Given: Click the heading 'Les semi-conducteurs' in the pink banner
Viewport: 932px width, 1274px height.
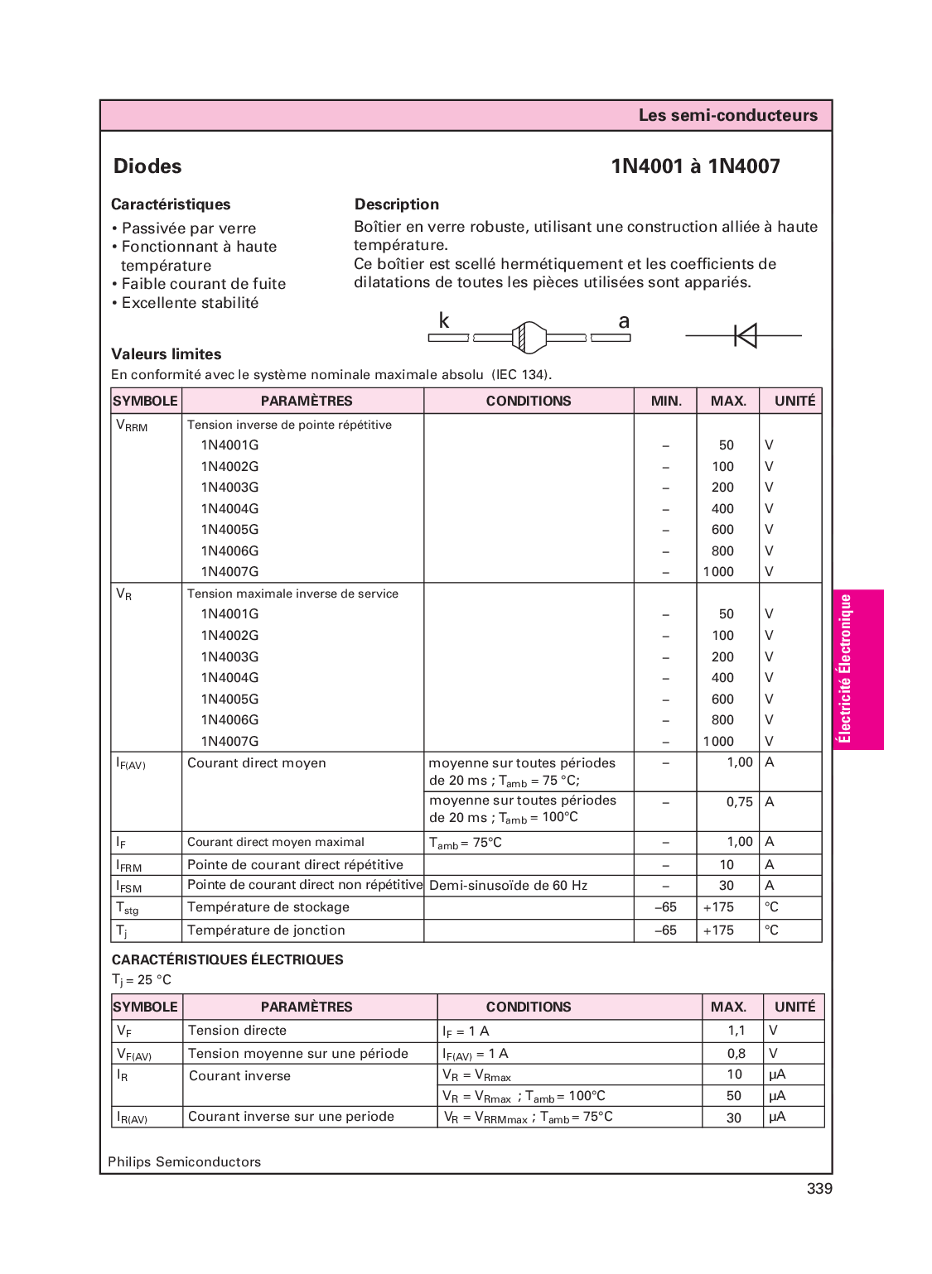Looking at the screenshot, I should (x=727, y=115).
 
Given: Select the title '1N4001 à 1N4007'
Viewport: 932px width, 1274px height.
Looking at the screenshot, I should (x=695, y=166).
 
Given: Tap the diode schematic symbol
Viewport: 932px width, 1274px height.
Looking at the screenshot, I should (x=745, y=335).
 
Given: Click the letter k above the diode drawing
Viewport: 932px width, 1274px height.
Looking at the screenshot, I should (x=444, y=321).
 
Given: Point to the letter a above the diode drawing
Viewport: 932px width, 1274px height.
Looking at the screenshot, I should (x=624, y=321).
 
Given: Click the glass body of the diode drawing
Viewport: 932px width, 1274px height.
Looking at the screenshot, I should (x=529, y=337).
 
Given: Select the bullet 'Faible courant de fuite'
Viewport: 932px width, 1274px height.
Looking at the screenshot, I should (x=203, y=284).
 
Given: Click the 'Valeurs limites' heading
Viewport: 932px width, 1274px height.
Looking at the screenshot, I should (x=167, y=354).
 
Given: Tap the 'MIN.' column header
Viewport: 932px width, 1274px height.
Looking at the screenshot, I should (x=666, y=401).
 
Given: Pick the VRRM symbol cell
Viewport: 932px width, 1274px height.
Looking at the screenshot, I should (x=133, y=425).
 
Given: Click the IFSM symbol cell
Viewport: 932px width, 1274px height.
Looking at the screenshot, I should (x=129, y=886).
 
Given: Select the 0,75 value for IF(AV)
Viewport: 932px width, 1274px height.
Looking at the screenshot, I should (x=739, y=802).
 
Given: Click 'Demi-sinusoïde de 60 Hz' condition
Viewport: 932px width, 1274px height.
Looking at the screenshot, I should (x=508, y=886).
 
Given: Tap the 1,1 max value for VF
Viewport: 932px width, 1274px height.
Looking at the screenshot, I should (x=736, y=1031).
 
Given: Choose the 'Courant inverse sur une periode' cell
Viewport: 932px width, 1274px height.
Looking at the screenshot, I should (x=291, y=1117).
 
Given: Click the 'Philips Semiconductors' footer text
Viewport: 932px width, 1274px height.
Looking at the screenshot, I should (x=184, y=1162).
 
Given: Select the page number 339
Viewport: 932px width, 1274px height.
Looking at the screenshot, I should (x=819, y=1189).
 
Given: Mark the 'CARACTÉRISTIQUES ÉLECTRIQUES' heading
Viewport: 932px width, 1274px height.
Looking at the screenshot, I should (x=227, y=960).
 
